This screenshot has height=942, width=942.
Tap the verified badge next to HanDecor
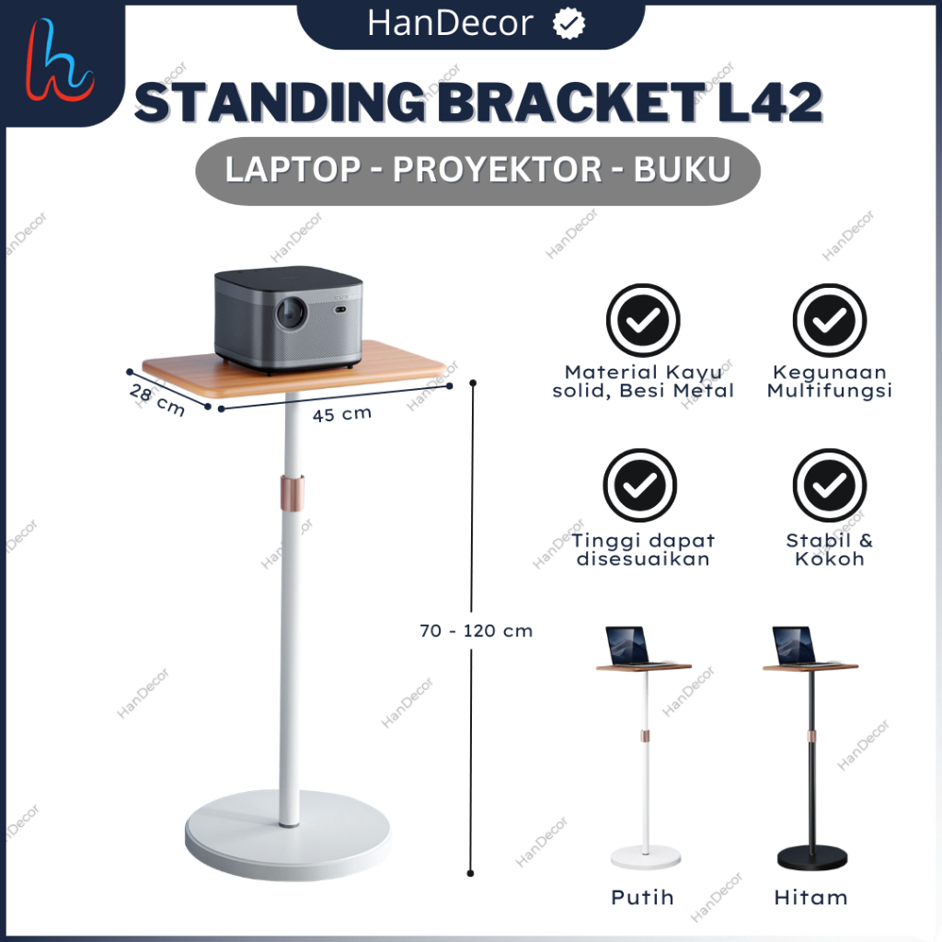click(x=569, y=25)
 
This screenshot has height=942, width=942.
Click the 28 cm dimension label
click(x=156, y=399)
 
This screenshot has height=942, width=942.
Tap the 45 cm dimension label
click(x=342, y=414)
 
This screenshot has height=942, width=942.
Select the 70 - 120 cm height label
click(x=476, y=631)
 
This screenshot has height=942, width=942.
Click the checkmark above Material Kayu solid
click(x=642, y=320)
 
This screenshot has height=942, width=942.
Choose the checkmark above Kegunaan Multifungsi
click(x=831, y=320)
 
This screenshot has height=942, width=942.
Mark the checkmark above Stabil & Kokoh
click(x=830, y=486)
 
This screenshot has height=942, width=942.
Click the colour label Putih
click(x=642, y=897)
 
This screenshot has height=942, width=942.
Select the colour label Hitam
click(x=811, y=897)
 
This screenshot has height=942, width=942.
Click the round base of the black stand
click(x=810, y=857)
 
